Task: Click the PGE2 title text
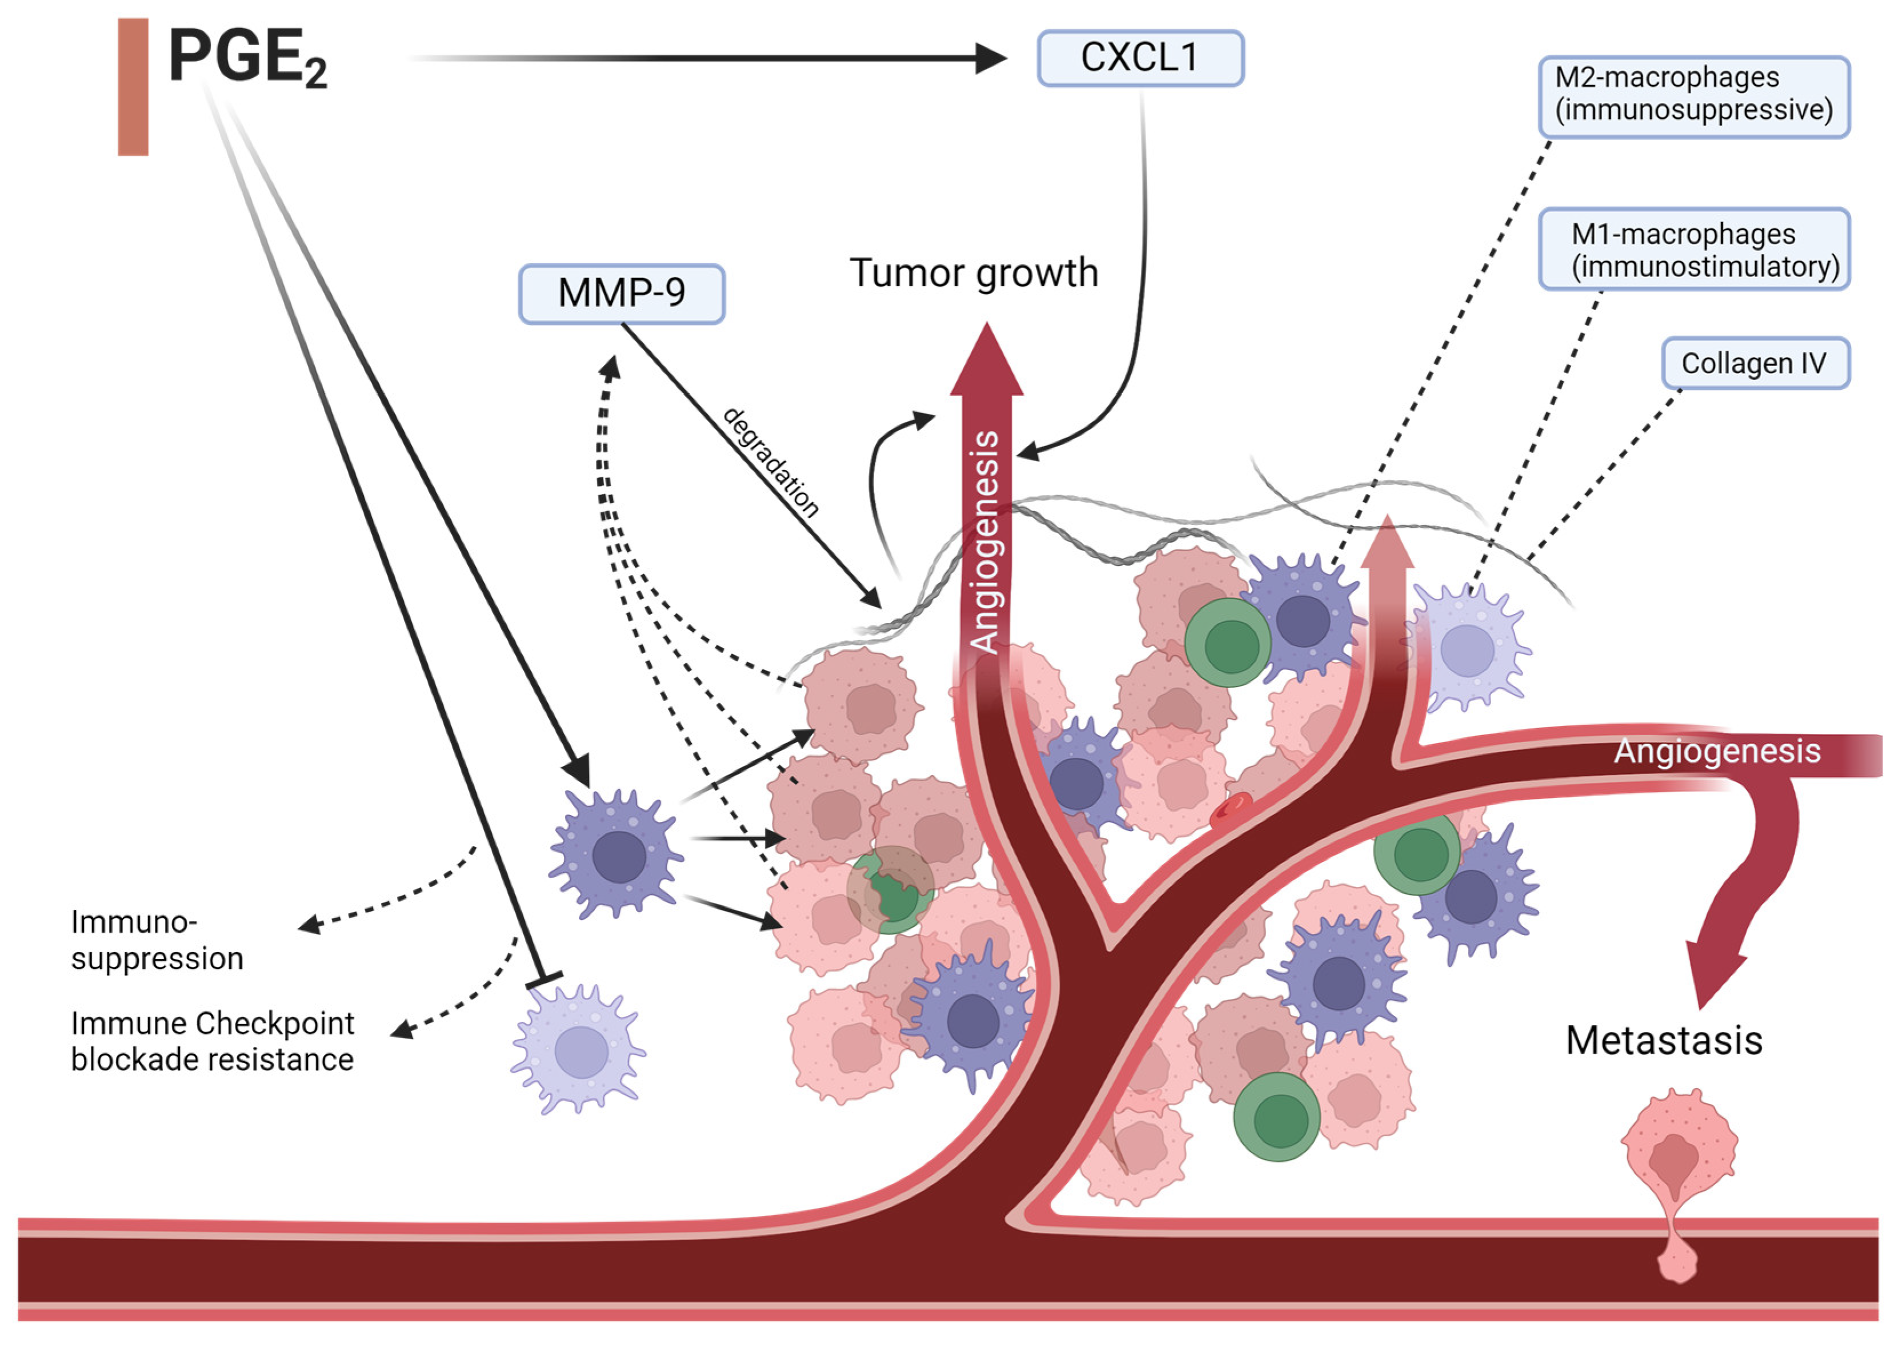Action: coord(247,58)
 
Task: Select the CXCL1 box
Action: coord(1140,58)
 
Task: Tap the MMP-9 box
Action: coord(622,293)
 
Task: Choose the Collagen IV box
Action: coord(1755,363)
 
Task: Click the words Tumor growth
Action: coord(974,274)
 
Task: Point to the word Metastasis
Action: coord(1664,1040)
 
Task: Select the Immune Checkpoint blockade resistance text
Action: coord(213,1041)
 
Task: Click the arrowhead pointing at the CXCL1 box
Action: coord(991,58)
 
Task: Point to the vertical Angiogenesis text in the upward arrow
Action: coord(986,541)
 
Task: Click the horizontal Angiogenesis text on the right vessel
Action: coord(1717,751)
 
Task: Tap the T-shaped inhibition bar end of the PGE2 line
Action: coord(544,980)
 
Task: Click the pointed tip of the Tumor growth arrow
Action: coord(987,324)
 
